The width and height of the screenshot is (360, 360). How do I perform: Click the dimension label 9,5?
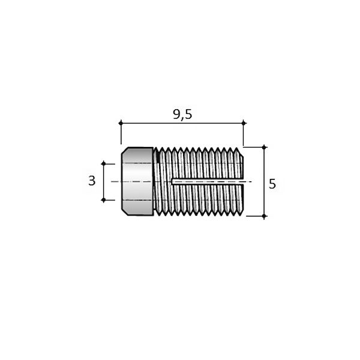(182, 115)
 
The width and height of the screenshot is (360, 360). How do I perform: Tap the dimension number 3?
(92, 181)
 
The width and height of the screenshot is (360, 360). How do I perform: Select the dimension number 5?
(272, 184)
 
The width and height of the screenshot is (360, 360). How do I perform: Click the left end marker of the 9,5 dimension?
(121, 123)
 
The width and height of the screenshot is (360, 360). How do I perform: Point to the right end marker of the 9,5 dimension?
(244, 123)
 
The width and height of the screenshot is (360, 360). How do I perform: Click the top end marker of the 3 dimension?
(104, 164)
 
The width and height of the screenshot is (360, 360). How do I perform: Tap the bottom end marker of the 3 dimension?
(104, 200)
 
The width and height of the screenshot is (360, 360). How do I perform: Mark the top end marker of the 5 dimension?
(264, 147)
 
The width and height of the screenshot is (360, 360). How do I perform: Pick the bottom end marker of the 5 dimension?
(264, 216)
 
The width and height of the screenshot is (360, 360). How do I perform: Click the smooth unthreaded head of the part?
(137, 181)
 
